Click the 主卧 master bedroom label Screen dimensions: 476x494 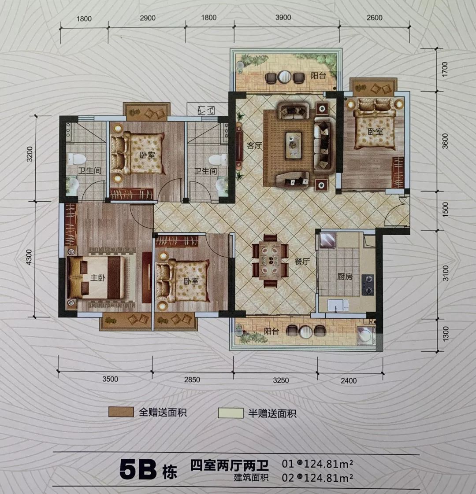[98, 277]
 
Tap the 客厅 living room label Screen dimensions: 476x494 [255, 146]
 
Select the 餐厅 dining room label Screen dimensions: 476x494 [302, 261]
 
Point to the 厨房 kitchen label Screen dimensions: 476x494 [345, 276]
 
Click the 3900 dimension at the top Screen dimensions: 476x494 [283, 17]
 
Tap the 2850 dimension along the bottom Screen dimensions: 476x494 [192, 380]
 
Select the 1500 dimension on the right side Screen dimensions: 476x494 [445, 209]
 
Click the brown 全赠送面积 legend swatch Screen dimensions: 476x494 [121, 412]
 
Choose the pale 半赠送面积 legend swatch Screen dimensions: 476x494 [231, 413]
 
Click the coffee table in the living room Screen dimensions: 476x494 [294, 145]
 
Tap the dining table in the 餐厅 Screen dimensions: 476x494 [270, 260]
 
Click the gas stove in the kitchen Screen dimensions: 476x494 [368, 284]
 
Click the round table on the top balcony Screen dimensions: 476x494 [285, 77]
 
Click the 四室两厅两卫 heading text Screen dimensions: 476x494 [229, 466]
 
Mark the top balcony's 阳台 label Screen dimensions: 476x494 [318, 76]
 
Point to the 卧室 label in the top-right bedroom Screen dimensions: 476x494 [376, 131]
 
